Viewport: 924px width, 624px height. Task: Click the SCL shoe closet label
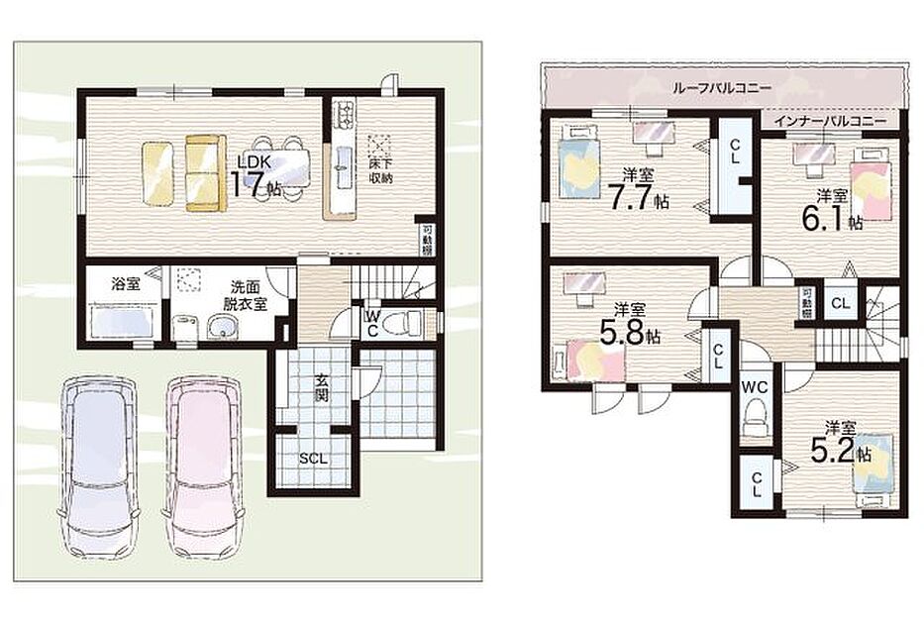point(313,459)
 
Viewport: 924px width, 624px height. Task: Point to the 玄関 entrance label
point(320,387)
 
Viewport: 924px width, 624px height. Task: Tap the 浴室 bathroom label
point(126,284)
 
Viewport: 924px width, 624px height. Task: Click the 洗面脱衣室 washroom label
point(245,295)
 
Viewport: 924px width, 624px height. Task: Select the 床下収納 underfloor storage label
point(381,169)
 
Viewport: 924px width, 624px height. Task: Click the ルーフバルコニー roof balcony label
point(721,88)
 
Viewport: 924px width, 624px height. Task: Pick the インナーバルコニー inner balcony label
point(830,122)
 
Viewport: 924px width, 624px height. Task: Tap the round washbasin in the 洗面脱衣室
point(222,327)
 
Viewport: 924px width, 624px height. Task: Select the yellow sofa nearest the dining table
point(206,172)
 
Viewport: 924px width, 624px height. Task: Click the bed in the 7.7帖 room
point(578,161)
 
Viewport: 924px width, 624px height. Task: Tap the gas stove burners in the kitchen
point(344,114)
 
